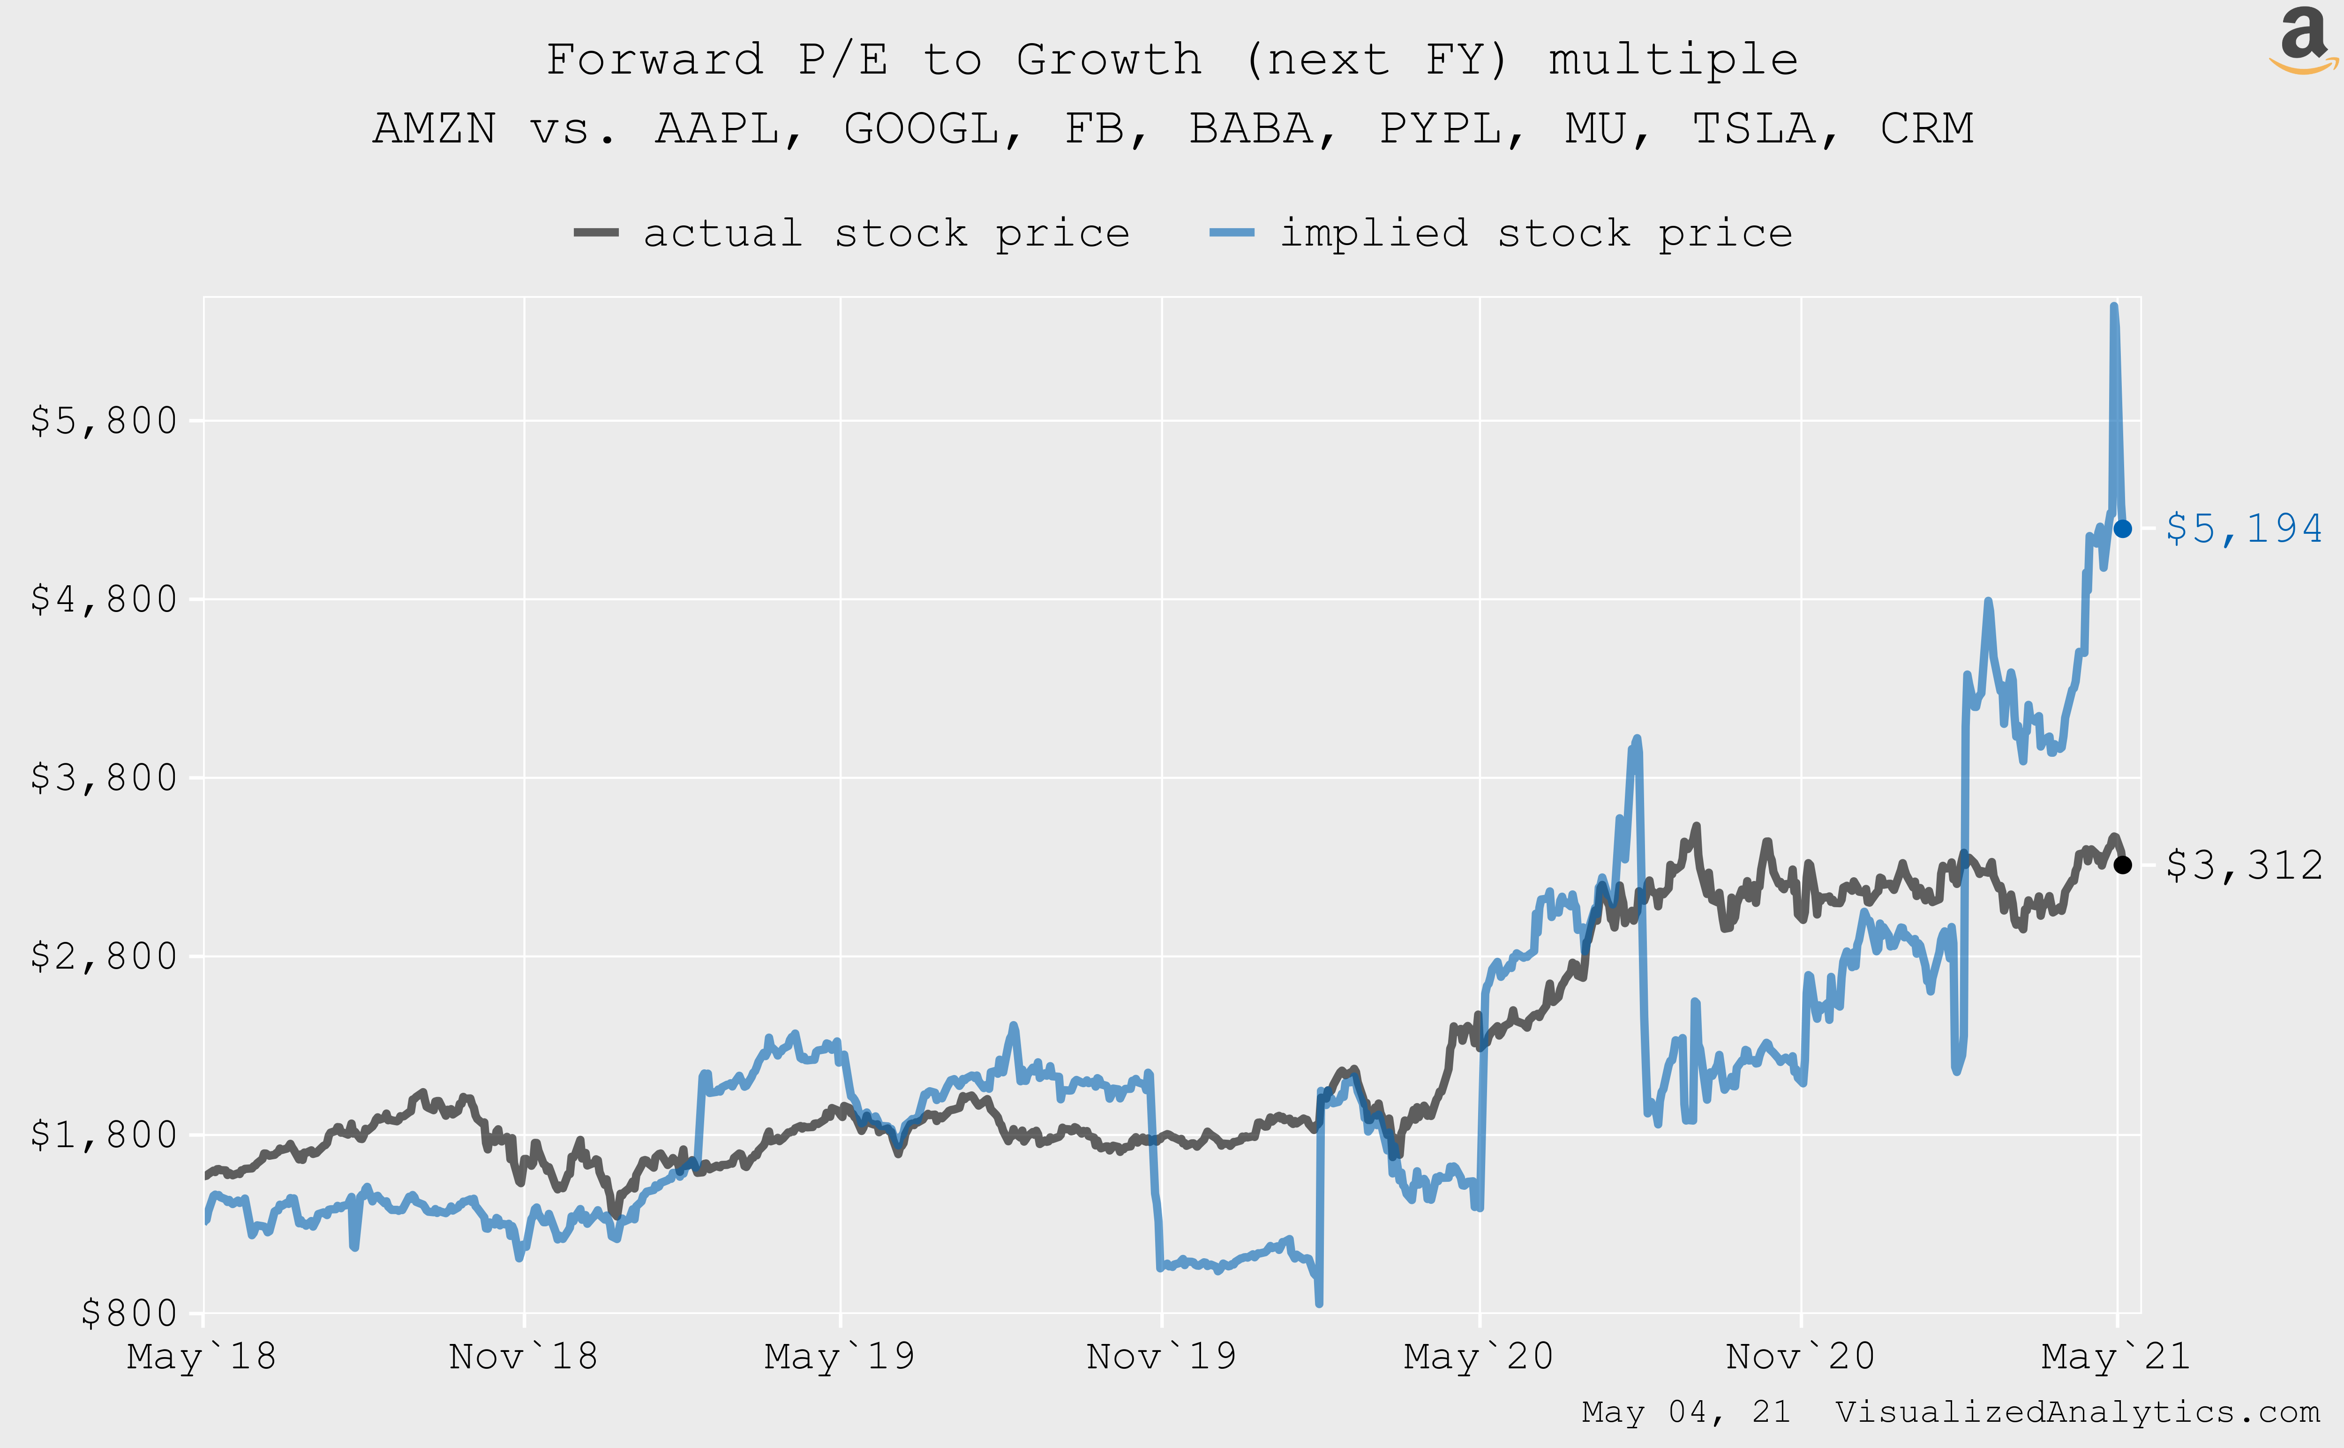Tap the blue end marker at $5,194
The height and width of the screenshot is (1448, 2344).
pos(2123,529)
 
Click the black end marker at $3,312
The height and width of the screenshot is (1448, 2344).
pos(2123,865)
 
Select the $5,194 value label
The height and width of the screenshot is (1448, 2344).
pos(2243,529)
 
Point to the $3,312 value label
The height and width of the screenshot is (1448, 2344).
pos(2243,866)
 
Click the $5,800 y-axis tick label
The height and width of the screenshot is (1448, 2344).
pos(104,420)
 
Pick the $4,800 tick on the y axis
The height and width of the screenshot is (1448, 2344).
pos(104,599)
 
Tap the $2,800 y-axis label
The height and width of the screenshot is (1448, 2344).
pos(104,956)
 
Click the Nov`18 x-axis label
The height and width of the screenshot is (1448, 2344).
pos(523,1357)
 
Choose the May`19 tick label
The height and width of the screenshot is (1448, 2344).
pos(839,1357)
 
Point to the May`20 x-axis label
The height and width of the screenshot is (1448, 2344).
pos(1478,1357)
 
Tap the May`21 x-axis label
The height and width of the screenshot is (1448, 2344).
pos(2115,1357)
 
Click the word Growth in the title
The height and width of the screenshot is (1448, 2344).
pos(1108,60)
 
